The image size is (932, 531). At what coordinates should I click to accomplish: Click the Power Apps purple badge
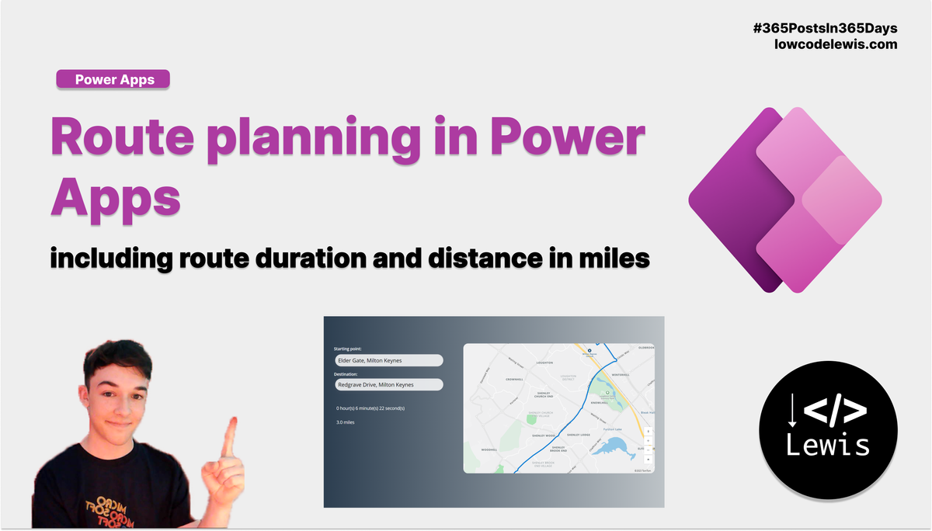(113, 79)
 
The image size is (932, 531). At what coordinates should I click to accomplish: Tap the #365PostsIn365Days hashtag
(825, 28)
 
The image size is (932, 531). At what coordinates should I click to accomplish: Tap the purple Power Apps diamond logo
(784, 200)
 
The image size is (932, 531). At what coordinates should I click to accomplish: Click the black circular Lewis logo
(828, 430)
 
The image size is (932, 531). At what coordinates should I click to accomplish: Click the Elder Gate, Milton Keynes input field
(388, 360)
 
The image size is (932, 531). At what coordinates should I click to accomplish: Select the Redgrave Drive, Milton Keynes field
(388, 384)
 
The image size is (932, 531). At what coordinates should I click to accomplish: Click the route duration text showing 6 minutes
(370, 408)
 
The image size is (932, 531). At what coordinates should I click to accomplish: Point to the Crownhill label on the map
(514, 380)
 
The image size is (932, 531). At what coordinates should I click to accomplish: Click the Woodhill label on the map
(489, 449)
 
